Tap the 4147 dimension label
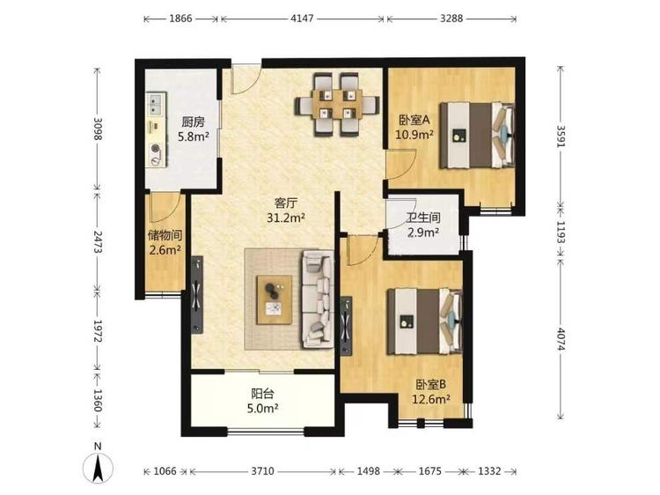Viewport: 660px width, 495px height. click(302, 18)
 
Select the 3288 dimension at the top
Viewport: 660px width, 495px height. click(451, 18)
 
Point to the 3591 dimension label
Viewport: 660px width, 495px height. click(561, 136)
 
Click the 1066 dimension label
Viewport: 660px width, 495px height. click(165, 471)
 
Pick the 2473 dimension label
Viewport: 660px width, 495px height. click(98, 241)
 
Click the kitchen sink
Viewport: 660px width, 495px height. click(154, 104)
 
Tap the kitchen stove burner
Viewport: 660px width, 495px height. click(155, 148)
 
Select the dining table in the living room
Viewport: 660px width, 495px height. click(337, 105)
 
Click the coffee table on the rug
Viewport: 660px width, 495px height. click(275, 299)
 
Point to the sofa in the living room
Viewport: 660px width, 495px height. click(318, 299)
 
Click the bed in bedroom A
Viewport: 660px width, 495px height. click(477, 135)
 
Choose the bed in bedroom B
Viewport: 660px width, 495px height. click(425, 321)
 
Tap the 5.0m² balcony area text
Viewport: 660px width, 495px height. click(263, 408)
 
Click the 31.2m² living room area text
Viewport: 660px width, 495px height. click(286, 218)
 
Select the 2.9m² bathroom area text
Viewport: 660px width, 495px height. click(423, 232)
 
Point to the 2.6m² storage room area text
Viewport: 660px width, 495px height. click(165, 250)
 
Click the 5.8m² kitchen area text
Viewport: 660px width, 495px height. click(194, 136)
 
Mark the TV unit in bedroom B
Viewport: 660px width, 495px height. click(346, 326)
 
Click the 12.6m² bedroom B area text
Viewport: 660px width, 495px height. click(431, 398)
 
